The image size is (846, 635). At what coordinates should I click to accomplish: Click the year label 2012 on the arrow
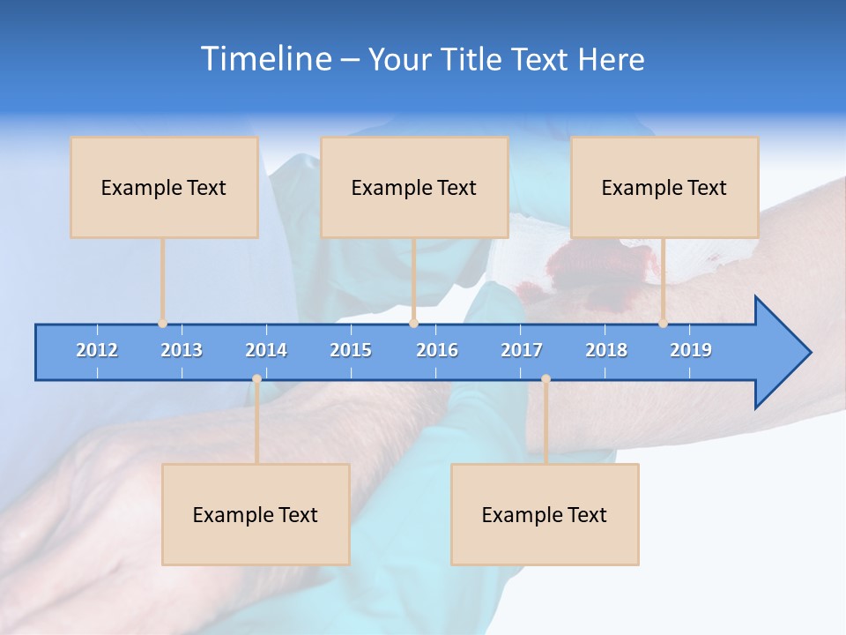97,350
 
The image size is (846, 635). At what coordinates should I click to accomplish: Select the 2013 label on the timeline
182,350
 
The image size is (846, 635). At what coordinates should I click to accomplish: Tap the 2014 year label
266,350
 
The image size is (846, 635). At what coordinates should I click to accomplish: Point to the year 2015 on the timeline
351,350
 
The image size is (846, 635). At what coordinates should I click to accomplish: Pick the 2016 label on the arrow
437,350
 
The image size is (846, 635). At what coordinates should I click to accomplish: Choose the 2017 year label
522,350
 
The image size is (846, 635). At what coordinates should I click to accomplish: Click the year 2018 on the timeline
606,350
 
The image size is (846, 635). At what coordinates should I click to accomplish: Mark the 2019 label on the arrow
691,350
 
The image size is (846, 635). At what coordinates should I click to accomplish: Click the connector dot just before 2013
162,324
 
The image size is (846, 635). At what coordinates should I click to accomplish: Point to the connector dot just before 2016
413,324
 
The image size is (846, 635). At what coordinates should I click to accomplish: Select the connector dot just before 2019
663,324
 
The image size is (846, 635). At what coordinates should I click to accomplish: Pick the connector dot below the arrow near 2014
256,379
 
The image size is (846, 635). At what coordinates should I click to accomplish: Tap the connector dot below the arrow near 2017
545,379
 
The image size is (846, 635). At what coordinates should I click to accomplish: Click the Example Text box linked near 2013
164,187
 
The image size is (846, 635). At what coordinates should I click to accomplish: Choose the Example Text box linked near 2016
414,187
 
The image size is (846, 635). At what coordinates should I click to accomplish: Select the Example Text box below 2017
545,514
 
